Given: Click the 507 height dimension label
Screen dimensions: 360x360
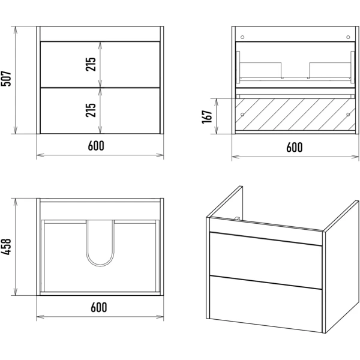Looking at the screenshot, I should pos(8,80).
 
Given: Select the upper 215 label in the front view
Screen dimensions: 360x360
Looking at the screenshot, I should pos(91,64).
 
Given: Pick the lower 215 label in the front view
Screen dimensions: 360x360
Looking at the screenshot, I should pos(91,110).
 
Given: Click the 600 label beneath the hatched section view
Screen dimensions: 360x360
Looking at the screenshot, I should pos(294,146).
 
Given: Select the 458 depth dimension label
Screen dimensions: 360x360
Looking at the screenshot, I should pos(8,245).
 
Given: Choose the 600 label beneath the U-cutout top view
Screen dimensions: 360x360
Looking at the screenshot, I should pos(99,307).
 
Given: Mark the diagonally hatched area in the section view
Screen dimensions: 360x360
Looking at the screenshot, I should pos(294,116).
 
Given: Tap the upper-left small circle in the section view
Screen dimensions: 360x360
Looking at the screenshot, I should pos(242,37).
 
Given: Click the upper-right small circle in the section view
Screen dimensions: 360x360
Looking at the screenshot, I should pos(347,37).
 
